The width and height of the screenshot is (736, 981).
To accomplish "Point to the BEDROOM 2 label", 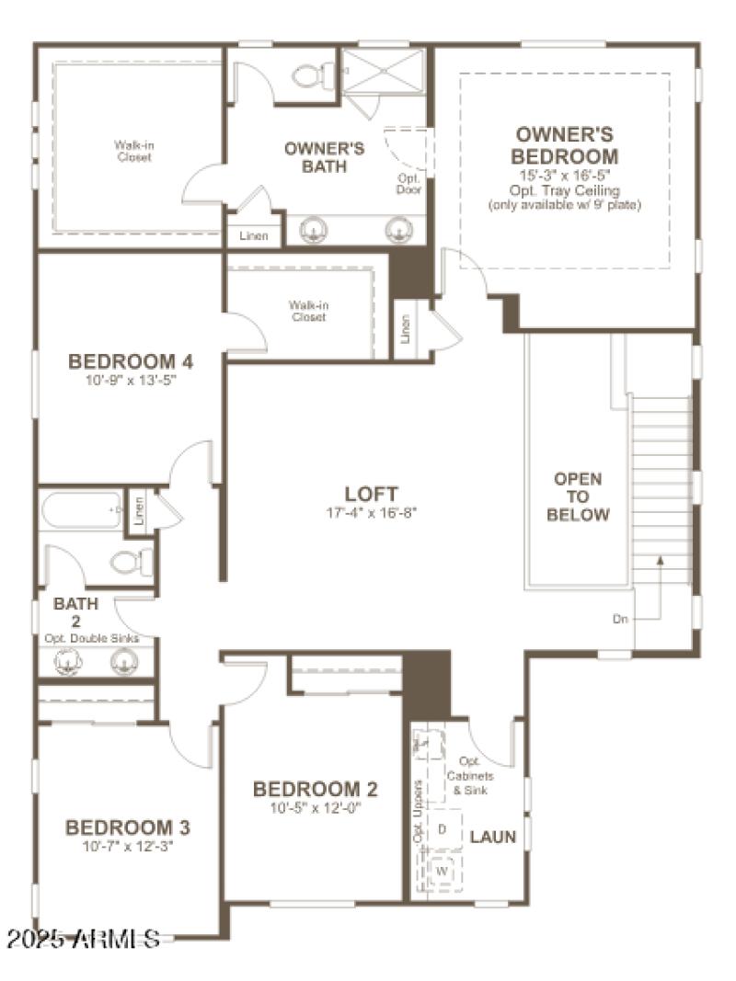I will (x=315, y=789).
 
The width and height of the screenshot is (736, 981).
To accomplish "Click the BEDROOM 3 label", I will (x=127, y=827).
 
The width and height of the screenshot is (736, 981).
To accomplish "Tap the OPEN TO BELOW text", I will (x=578, y=496).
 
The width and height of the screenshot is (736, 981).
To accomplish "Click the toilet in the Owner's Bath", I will (x=313, y=74).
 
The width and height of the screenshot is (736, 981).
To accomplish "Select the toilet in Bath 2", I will (x=130, y=561).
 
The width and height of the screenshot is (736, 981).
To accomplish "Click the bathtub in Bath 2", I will (x=81, y=509).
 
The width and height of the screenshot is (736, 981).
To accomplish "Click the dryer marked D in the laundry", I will (x=443, y=829).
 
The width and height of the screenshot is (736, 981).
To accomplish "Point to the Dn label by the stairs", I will (x=621, y=619).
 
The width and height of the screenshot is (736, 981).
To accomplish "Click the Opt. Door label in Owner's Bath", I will (x=408, y=184).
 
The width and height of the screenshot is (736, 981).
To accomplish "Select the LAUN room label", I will (x=493, y=838).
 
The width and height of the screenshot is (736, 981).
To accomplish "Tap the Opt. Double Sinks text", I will (x=92, y=638).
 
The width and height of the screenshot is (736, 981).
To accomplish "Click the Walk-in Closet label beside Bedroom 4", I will (x=307, y=311).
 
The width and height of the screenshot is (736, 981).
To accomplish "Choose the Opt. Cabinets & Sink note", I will (x=470, y=776).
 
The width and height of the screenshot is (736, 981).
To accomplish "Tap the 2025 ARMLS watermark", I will (x=83, y=939).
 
